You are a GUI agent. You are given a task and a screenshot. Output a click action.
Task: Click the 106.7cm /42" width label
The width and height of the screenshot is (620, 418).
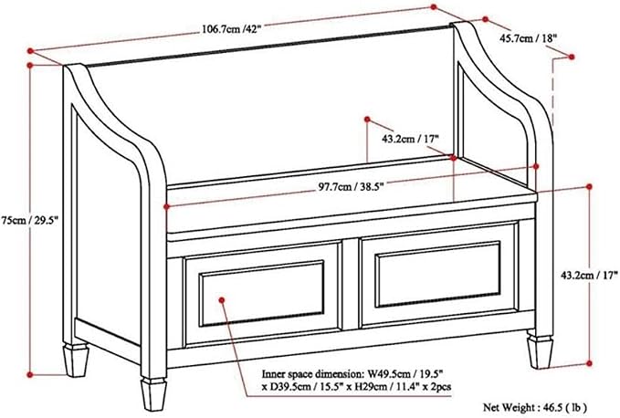(232, 29)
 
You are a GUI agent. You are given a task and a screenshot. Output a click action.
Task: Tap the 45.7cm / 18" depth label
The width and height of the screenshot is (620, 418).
(529, 38)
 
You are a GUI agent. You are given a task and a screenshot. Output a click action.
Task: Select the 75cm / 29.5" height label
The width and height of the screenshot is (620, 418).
(29, 221)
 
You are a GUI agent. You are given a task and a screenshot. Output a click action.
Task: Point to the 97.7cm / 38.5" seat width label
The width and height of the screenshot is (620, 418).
(352, 186)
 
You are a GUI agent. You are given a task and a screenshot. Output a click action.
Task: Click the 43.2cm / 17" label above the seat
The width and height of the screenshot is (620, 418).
(411, 139)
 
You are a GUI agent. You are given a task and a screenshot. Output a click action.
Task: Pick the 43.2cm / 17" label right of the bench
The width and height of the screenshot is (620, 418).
(589, 275)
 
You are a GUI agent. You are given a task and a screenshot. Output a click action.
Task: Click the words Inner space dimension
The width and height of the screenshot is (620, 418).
(313, 374)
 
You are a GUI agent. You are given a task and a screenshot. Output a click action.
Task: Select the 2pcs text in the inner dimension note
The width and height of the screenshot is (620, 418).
(442, 387)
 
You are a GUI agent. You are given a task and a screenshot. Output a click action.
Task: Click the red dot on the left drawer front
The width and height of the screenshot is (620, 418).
(221, 300)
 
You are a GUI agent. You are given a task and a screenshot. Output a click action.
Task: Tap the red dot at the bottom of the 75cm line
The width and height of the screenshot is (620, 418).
(29, 374)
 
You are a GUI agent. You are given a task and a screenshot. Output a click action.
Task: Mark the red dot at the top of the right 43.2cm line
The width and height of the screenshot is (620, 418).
(589, 186)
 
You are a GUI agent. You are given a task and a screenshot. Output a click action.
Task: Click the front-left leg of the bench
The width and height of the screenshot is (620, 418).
(153, 394)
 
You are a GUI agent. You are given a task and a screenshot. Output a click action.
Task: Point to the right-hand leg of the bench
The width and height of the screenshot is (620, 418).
(540, 351)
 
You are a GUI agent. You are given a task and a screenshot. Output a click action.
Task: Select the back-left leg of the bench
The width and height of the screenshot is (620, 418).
(76, 360)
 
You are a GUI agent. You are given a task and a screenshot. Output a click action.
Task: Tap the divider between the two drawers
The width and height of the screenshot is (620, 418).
(351, 284)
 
